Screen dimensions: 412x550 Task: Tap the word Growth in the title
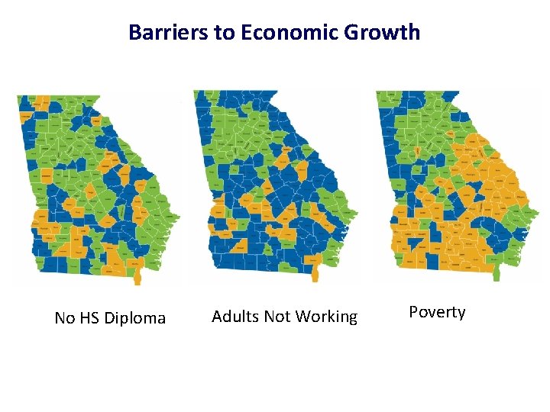coord(390,32)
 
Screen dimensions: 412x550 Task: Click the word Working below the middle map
coord(328,317)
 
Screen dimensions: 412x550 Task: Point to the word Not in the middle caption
coord(279,317)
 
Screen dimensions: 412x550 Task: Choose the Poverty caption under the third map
coord(437,312)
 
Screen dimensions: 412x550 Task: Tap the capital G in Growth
coord(366,32)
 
